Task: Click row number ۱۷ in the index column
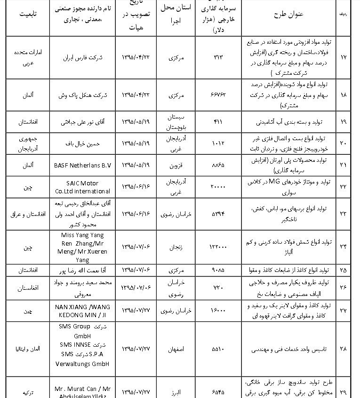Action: tap(343, 57)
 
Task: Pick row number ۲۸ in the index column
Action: tap(343, 349)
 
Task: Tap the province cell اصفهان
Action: tap(177, 349)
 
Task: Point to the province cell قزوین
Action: tap(177, 165)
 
